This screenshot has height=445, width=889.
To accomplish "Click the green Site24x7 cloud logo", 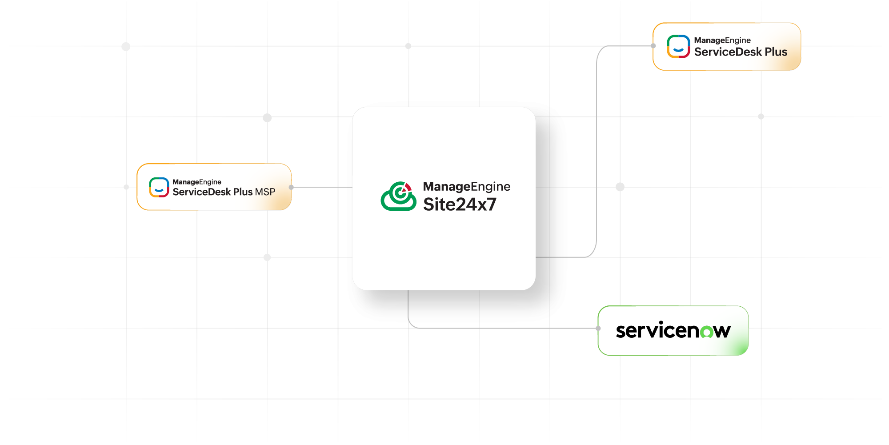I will pyautogui.click(x=398, y=196).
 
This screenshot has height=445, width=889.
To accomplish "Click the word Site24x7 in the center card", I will pyautogui.click(x=460, y=204).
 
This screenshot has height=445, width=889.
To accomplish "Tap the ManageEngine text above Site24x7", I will pyautogui.click(x=466, y=186).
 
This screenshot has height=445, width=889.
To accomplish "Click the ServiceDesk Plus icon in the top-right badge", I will pyautogui.click(x=678, y=47).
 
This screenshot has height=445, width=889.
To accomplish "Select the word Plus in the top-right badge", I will pyautogui.click(x=776, y=52).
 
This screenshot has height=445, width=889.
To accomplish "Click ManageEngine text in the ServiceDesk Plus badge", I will pyautogui.click(x=722, y=40).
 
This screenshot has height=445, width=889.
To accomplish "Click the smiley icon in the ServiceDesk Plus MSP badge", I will pyautogui.click(x=159, y=187).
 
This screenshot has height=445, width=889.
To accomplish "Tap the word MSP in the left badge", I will pyautogui.click(x=265, y=192).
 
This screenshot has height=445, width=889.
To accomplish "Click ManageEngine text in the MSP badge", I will pyautogui.click(x=196, y=182).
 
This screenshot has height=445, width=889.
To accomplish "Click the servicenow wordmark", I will pyautogui.click(x=673, y=331).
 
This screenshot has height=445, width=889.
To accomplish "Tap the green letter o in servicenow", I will pyautogui.click(x=707, y=332).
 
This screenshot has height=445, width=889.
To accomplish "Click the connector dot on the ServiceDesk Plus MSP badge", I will pyautogui.click(x=291, y=187).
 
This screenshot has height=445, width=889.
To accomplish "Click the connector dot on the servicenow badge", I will pyautogui.click(x=598, y=328).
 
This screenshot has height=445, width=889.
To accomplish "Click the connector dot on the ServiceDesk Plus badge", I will pyautogui.click(x=653, y=46).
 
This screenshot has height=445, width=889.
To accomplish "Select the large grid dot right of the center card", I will pyautogui.click(x=620, y=187).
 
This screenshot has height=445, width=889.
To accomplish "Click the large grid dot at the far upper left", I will pyautogui.click(x=126, y=46).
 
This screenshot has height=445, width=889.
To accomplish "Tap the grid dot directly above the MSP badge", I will pyautogui.click(x=267, y=117).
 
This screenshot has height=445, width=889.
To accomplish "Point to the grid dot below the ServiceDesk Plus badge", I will pyautogui.click(x=761, y=116).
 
